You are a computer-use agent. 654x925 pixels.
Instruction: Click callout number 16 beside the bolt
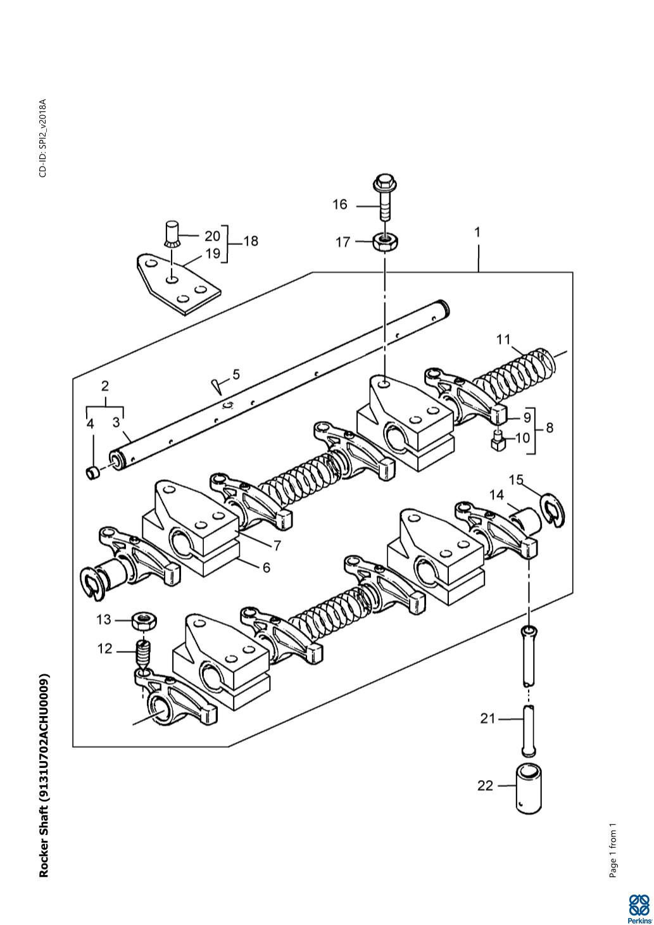340,205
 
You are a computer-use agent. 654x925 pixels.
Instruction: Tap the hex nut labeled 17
385,242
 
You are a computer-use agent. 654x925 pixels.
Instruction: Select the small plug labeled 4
92,472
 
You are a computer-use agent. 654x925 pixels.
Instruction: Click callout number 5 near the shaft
236,374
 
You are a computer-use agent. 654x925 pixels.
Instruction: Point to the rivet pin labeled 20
170,234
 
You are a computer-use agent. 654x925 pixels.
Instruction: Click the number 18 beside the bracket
251,241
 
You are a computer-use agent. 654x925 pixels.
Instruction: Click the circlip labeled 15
554,510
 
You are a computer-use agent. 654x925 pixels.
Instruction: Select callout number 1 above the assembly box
477,232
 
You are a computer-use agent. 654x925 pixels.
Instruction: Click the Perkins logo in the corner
639,907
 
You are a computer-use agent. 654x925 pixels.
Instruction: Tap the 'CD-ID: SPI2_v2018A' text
43,138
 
